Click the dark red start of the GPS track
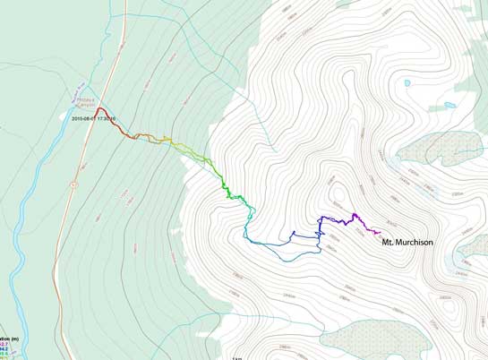pos(100,109)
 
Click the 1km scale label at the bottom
pos(237,357)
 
